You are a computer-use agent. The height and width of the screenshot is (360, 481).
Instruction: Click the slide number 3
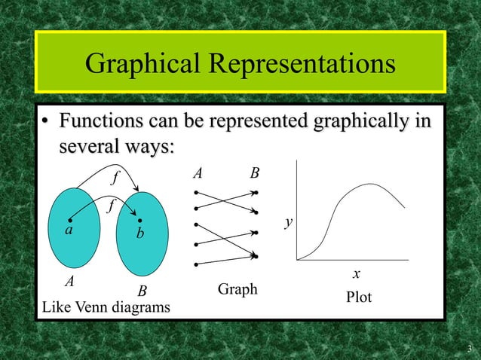pyautogui.click(x=469, y=348)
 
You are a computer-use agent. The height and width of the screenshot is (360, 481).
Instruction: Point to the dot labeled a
pyautogui.click(x=69, y=221)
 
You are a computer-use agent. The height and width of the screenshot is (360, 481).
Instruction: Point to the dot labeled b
pyautogui.click(x=140, y=220)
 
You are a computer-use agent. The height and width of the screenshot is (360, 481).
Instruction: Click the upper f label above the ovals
pyautogui.click(x=115, y=179)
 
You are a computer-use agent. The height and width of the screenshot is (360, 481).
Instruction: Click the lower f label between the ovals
pyautogui.click(x=110, y=205)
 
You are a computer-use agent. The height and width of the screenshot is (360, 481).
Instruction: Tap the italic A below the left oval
pyautogui.click(x=69, y=282)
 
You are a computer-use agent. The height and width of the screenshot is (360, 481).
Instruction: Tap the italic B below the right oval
pyautogui.click(x=141, y=291)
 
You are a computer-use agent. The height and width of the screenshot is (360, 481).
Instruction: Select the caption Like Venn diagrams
pyautogui.click(x=106, y=307)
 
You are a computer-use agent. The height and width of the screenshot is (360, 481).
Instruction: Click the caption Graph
pyautogui.click(x=237, y=289)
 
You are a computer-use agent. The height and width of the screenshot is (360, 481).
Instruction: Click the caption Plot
pyautogui.click(x=359, y=297)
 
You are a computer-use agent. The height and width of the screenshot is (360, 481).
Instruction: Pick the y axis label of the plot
pyautogui.click(x=288, y=222)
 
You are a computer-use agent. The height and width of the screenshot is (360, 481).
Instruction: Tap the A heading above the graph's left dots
pyautogui.click(x=198, y=173)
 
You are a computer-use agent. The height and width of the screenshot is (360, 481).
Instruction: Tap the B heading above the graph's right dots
pyautogui.click(x=255, y=173)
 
